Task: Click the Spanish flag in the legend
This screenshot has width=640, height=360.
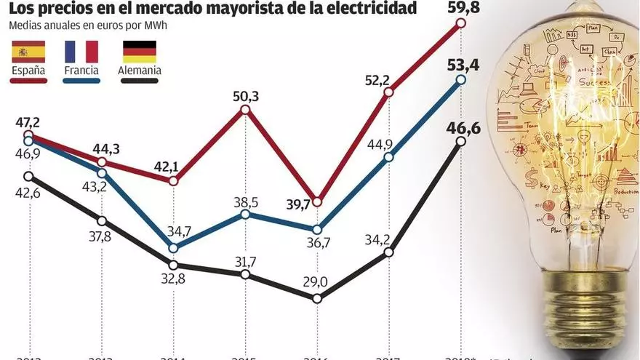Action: [x=28, y=52]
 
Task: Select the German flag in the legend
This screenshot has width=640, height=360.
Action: [x=139, y=52]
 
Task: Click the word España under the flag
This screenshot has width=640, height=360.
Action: [x=28, y=71]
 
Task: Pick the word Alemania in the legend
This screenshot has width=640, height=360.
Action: [x=139, y=71]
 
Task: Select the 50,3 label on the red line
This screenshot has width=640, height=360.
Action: [x=245, y=95]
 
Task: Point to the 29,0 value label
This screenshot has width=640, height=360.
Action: [x=317, y=281]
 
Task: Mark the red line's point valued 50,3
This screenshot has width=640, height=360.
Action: [x=245, y=109]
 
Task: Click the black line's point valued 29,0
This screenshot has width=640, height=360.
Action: [x=317, y=298]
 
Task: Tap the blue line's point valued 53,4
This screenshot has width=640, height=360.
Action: [x=460, y=80]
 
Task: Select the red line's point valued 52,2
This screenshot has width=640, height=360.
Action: [x=388, y=92]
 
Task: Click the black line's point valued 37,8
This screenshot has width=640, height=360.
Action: [x=101, y=220]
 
